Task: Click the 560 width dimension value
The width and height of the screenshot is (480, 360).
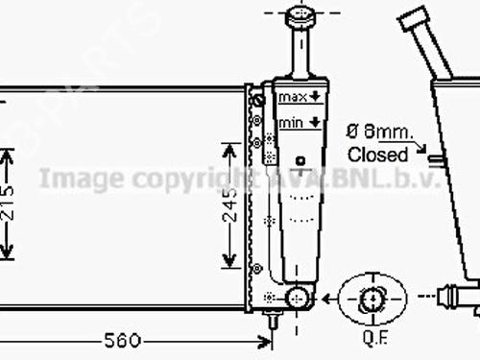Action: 122,313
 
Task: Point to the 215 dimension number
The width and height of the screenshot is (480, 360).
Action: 9,204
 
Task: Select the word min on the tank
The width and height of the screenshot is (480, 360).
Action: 290,123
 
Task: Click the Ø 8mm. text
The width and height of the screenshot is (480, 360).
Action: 381,133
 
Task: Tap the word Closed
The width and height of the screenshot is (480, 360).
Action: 377,153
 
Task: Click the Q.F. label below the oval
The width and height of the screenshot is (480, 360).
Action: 374,338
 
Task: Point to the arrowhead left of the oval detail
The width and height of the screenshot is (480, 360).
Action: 331,299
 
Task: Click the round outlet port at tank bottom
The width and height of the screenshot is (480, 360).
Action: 299,299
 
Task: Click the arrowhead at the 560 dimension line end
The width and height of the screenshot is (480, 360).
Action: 266,313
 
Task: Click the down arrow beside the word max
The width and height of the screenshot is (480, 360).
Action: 314,98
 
